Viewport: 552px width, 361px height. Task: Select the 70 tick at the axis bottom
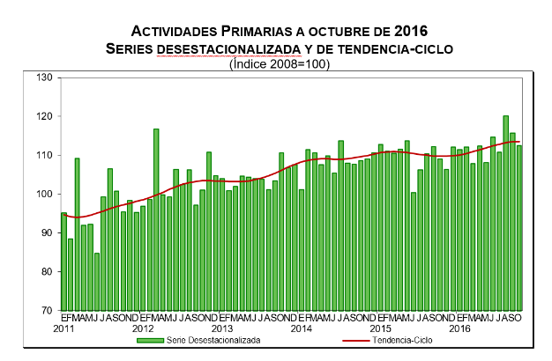(47, 310)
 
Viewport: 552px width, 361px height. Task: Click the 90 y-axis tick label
(47, 232)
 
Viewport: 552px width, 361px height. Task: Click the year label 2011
(63, 328)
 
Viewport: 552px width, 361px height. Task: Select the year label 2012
(143, 328)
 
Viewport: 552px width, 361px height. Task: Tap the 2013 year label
(222, 328)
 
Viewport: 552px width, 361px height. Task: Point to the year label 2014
(301, 328)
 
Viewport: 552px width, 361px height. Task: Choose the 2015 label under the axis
(380, 328)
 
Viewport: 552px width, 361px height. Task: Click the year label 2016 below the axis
(459, 328)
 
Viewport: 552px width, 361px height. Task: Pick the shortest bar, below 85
(97, 282)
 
